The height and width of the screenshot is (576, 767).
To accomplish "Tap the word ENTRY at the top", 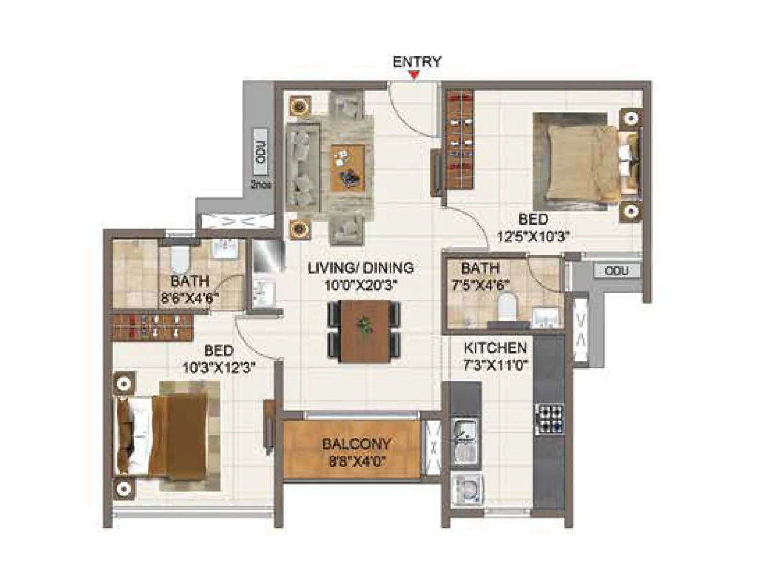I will coord(417,62).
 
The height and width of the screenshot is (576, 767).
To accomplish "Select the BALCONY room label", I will coord(356,444).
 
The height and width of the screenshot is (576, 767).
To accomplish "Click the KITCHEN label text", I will coord(495,348).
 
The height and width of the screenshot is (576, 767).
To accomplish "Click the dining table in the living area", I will coord(364,331).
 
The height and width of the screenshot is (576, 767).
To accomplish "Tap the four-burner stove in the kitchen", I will coord(549,420).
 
